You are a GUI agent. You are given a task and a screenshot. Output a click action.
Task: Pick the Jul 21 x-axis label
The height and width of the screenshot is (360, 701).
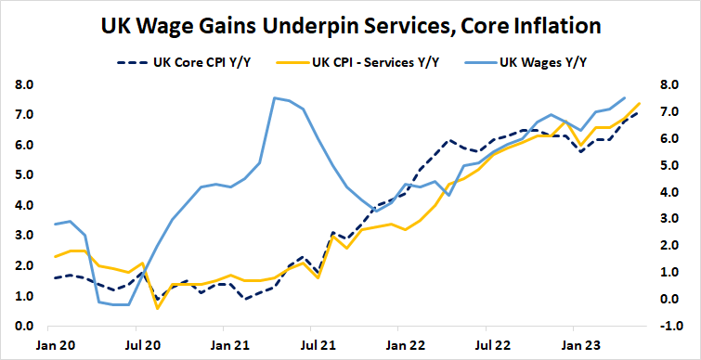click(x=311, y=343)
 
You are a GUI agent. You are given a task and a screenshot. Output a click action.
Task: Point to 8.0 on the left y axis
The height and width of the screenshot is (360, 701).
click(x=25, y=84)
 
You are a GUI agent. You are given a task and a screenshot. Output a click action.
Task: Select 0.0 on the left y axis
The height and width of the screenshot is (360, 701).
click(x=25, y=326)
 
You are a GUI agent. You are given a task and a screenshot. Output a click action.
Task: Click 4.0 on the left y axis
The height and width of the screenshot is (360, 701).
click(x=25, y=205)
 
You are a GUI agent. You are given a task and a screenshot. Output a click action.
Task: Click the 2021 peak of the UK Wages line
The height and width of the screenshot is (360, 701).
click(x=275, y=97)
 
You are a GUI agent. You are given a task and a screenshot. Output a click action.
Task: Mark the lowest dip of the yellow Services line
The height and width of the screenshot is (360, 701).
click(x=158, y=308)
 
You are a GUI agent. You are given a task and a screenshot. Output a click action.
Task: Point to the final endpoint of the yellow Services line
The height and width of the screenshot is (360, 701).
click(x=640, y=104)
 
